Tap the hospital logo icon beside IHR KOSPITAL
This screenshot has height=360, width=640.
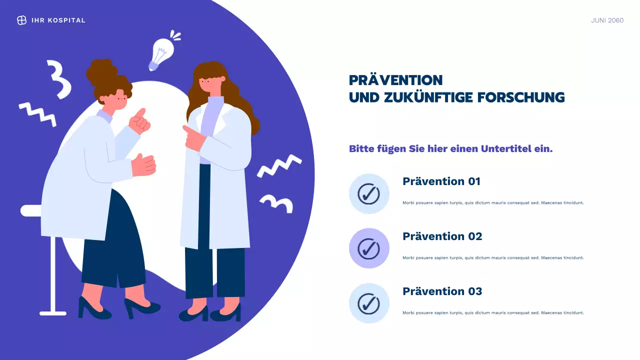coord(21,20)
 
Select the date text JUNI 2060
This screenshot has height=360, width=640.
coord(607,20)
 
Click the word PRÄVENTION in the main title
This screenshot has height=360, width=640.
coord(395,80)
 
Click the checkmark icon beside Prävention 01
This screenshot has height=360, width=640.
coord(369,193)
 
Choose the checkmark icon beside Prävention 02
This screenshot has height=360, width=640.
coord(369,248)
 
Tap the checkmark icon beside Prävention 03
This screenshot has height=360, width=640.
coord(369,303)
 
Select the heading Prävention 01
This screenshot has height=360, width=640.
coord(441,181)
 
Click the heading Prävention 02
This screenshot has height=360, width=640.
coord(442,236)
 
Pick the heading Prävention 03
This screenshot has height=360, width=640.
coord(442,291)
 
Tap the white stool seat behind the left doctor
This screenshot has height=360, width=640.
coord(31,210)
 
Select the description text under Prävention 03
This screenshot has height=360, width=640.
coord(493,313)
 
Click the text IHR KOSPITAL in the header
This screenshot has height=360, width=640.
coord(58,20)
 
